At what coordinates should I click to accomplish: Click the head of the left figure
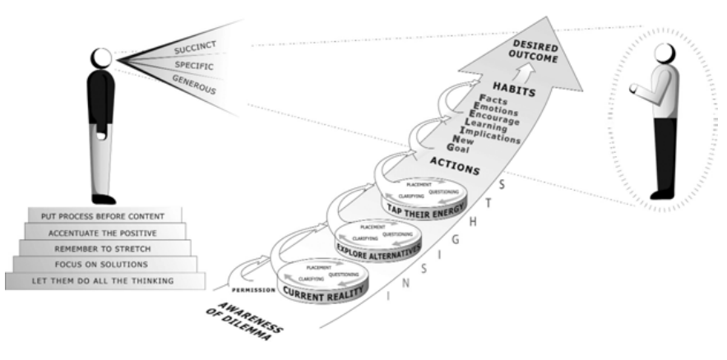click(102, 58)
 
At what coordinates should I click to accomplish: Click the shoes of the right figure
click(661, 195)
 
